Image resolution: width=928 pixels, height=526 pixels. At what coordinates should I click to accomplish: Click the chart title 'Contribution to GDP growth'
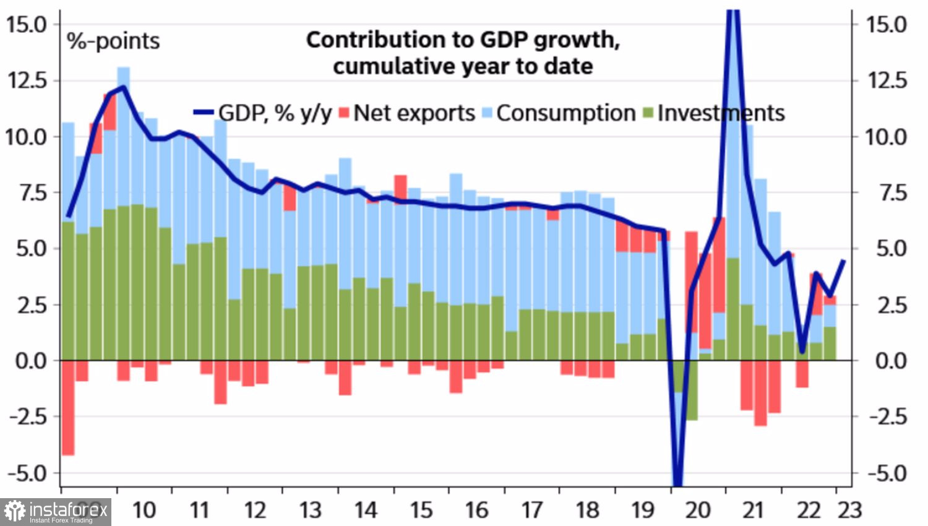pos(463,40)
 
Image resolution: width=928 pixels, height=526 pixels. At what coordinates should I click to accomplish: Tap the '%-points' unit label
pos(113,41)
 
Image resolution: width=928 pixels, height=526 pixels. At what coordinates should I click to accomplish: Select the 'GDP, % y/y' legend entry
pos(264,113)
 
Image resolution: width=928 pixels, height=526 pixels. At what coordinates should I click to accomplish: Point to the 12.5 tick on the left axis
pos(26,80)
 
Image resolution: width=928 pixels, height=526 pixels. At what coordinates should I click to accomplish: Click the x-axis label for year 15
pos(421,510)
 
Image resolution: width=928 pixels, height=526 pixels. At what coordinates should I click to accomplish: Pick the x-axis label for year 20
pos(698,510)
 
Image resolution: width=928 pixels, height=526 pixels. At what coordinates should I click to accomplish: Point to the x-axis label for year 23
pos(849,510)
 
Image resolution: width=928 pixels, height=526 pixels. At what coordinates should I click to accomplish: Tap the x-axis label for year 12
pos(255,510)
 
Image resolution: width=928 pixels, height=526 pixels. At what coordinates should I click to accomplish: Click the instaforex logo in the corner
pos(56,512)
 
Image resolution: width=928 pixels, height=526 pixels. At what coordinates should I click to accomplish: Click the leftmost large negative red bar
pos(68,408)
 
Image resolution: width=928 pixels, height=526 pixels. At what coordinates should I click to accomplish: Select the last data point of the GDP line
pos(843,261)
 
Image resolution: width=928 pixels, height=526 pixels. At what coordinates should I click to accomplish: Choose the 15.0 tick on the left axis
pos(26,25)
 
